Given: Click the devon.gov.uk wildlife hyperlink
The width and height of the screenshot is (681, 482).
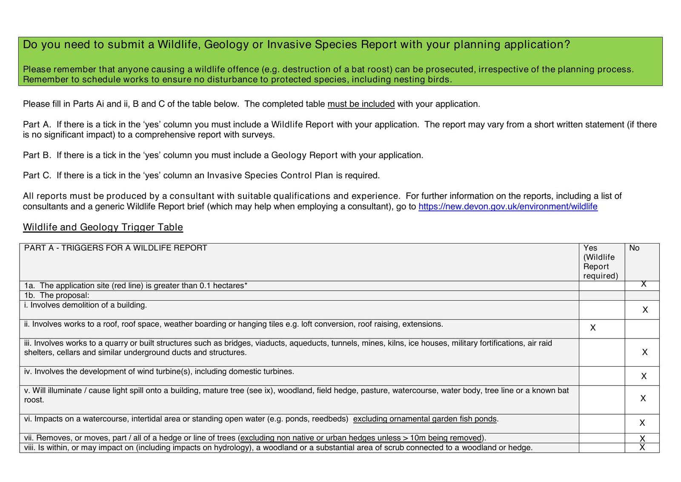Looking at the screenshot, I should [508, 207].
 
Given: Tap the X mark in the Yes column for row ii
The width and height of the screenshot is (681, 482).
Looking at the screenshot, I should [592, 327].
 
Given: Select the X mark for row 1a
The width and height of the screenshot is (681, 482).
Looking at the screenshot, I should [643, 284].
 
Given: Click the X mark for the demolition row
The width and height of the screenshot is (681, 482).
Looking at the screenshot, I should [645, 310].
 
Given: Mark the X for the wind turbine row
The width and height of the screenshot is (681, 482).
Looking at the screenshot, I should [644, 376].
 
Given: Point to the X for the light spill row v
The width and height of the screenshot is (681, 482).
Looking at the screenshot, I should [643, 398].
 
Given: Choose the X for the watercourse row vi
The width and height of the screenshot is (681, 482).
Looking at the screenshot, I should [642, 423].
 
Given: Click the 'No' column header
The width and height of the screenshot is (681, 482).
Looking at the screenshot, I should [634, 248].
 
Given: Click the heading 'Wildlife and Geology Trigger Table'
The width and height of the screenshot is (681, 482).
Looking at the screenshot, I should [103, 227].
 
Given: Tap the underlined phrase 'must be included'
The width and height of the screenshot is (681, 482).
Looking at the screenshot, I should [361, 104].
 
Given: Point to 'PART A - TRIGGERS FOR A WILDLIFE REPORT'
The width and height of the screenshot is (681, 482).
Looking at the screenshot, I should [116, 248].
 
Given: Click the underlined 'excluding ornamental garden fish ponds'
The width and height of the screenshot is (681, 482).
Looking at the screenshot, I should [425, 419].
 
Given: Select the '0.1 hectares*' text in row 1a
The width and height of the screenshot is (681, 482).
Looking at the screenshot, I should [223, 286].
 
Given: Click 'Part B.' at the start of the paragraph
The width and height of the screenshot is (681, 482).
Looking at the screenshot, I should [37, 155].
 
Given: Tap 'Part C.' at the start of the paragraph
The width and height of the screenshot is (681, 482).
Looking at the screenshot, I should [37, 175].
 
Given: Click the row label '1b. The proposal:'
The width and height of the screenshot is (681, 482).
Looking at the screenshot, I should [57, 295].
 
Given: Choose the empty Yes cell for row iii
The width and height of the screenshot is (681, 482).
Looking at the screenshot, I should [601, 352].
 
